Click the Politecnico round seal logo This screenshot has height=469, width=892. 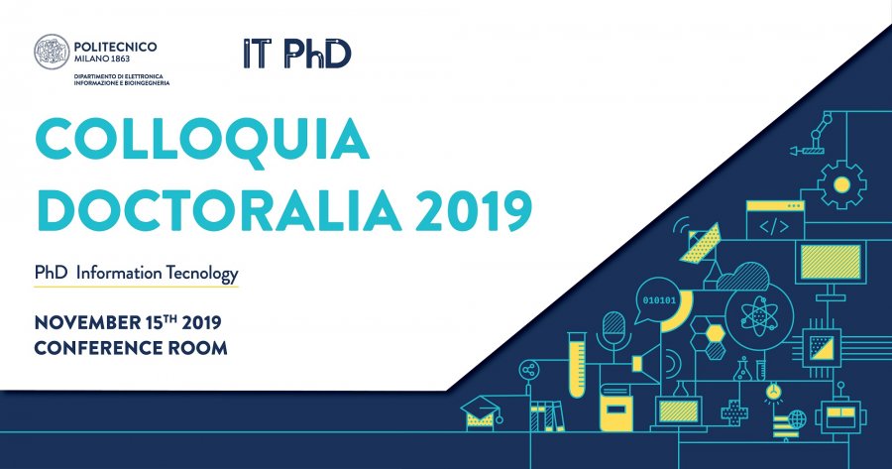[52, 52]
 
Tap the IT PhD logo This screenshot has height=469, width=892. [297, 54]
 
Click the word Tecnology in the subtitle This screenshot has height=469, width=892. [202, 274]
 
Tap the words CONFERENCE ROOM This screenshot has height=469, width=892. [131, 348]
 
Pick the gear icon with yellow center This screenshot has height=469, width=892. [841, 184]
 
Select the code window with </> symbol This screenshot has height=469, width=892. [775, 220]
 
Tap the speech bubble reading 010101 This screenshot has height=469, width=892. [658, 300]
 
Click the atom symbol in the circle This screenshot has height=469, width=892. [759, 315]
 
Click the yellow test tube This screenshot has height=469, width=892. [576, 364]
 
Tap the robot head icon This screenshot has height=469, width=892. [840, 413]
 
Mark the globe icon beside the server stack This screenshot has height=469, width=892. [797, 420]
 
